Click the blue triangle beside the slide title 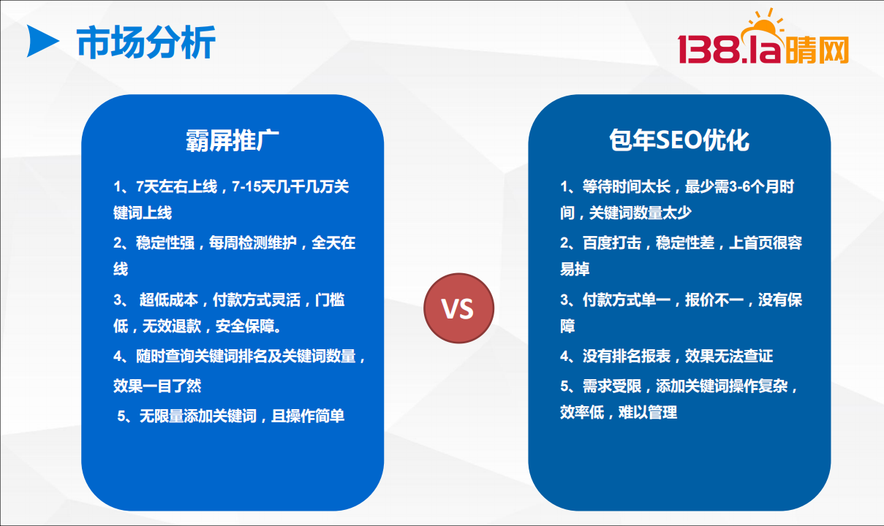click(42, 41)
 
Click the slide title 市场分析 click(146, 42)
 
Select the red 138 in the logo click(708, 49)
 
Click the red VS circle click(458, 308)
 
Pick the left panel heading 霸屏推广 click(233, 140)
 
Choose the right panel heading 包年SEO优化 click(679, 140)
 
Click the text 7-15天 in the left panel click(246, 186)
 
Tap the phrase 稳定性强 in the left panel click(165, 243)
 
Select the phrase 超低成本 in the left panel click(168, 300)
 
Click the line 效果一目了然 click(157, 386)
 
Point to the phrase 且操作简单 click(308, 416)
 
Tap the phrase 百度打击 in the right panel click(612, 243)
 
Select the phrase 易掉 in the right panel click(575, 269)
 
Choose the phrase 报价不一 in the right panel click(714, 300)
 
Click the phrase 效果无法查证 click(729, 356)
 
